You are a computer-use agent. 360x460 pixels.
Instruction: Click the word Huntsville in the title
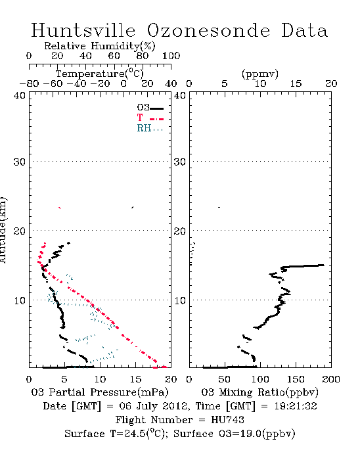83,30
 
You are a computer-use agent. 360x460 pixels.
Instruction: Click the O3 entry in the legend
150,108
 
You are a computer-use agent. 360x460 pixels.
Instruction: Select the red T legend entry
150,118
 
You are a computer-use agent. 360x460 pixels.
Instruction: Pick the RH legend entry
150,128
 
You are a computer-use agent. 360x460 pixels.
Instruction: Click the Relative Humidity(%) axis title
100,46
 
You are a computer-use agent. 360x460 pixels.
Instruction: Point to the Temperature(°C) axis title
100,74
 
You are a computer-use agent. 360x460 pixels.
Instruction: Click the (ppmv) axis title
260,74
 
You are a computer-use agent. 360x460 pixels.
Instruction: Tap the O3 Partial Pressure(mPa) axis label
100,392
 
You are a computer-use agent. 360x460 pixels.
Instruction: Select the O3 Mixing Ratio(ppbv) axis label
259,392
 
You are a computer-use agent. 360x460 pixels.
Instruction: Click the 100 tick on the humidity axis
171,56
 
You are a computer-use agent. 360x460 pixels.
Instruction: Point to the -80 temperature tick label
29,84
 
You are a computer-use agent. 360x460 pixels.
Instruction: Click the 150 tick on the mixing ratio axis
296,379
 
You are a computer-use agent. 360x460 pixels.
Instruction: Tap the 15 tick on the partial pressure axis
135,379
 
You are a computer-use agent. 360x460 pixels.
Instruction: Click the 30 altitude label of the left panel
20,162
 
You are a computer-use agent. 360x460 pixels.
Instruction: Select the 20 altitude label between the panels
180,231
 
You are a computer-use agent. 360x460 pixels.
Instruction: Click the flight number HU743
227,420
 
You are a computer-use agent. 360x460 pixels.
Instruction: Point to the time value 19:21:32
296,406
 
